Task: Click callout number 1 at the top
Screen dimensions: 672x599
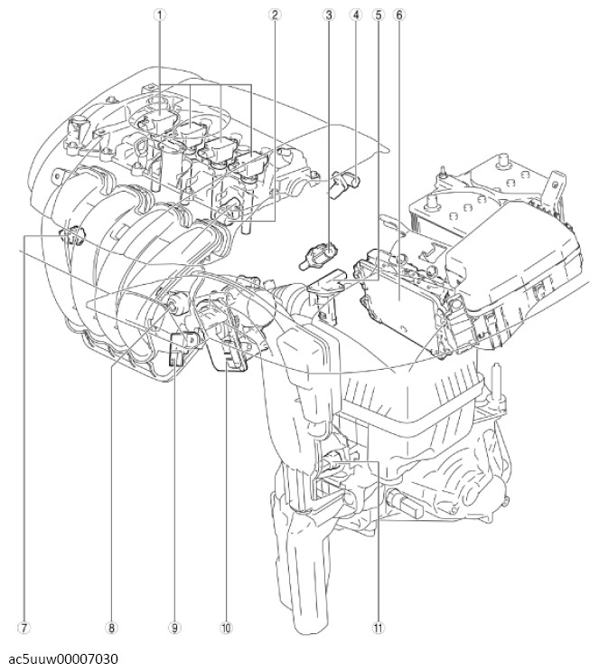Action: tap(159, 15)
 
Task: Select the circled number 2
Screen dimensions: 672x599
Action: tap(275, 15)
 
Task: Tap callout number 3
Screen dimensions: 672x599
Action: tap(331, 15)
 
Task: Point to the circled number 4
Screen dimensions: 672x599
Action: tap(357, 15)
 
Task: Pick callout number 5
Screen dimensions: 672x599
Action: tap(379, 15)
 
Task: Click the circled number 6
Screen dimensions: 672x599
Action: tap(400, 15)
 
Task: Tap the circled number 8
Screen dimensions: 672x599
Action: tap(111, 626)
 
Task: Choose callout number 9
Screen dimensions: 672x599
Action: tap(174, 626)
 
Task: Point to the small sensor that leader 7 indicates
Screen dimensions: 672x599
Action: tap(70, 239)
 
